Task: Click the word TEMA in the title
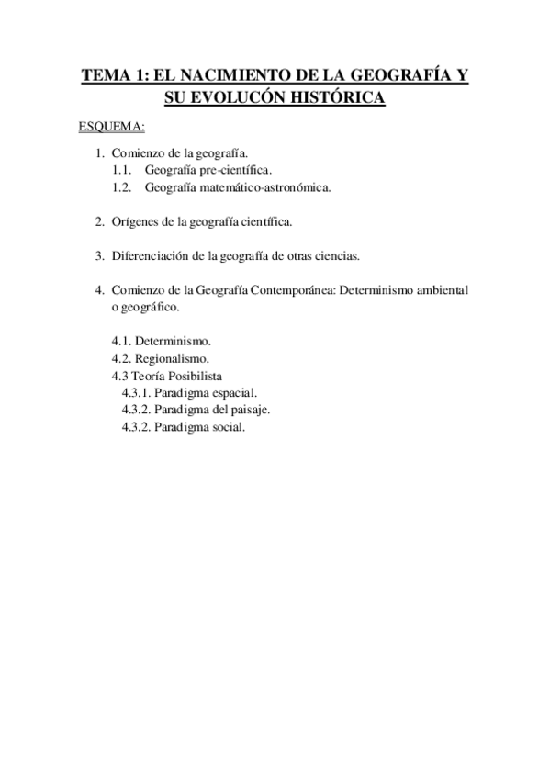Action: click(105, 77)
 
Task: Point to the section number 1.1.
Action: click(122, 171)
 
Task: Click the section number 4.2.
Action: click(121, 358)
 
